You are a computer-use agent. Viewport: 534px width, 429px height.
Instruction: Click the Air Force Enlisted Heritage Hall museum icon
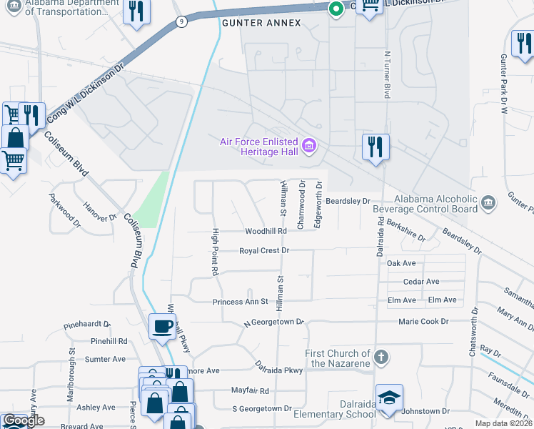pyautogui.click(x=309, y=146)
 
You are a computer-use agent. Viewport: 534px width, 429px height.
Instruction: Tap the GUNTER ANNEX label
pyautogui.click(x=261, y=23)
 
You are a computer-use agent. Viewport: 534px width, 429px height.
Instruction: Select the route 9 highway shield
pyautogui.click(x=183, y=22)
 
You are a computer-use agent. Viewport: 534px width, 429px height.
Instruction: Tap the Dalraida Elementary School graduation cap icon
pyautogui.click(x=389, y=399)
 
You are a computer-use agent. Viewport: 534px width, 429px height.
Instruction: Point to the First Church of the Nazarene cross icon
pyautogui.click(x=381, y=357)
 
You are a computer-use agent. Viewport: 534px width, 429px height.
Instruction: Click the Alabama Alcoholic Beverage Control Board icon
pyautogui.click(x=488, y=203)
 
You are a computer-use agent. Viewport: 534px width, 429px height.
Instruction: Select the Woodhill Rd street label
pyautogui.click(x=266, y=232)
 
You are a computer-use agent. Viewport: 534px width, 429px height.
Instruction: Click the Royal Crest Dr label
pyautogui.click(x=264, y=251)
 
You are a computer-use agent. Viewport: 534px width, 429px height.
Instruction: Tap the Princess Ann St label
pyautogui.click(x=240, y=302)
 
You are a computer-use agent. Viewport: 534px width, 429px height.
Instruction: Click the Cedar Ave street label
pyautogui.click(x=421, y=282)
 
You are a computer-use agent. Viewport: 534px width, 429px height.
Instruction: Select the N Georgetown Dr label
pyautogui.click(x=273, y=323)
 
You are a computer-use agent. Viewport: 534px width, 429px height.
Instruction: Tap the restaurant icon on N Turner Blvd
pyautogui.click(x=375, y=147)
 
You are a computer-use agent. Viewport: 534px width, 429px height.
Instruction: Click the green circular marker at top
pyautogui.click(x=334, y=9)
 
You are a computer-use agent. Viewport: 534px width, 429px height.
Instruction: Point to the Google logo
pyautogui.click(x=24, y=420)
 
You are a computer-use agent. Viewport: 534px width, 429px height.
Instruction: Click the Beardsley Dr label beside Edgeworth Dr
pyautogui.click(x=348, y=202)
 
